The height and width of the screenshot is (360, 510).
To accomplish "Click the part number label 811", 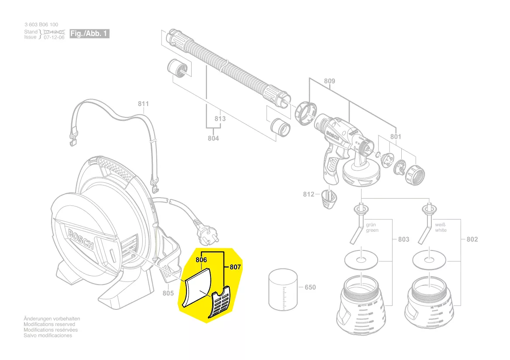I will click(143, 103).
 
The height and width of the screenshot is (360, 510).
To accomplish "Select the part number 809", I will click(330, 81).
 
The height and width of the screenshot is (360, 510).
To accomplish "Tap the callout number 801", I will click(395, 137).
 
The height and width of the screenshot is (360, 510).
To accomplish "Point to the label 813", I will click(220, 119).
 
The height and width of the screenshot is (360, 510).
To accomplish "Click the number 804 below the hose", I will click(214, 138).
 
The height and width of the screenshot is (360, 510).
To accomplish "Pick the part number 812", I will click(309, 194).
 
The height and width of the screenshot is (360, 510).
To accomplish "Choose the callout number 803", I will click(404, 239).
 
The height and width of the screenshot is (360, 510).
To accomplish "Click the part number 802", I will click(472, 239).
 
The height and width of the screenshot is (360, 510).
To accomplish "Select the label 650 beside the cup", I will click(310, 287).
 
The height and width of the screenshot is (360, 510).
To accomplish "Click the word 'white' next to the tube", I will click(441, 230).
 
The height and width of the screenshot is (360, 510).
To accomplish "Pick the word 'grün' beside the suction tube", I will click(372, 224).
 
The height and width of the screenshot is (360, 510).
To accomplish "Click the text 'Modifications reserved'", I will click(49, 324).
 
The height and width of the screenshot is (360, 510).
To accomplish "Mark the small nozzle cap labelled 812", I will click(330, 199).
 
